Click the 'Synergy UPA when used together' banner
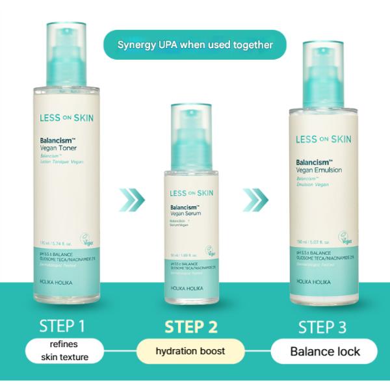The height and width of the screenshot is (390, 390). pos(195,45)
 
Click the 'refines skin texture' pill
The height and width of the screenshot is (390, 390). pos(65,352)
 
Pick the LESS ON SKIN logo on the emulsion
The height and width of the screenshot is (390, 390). pos(323,138)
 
